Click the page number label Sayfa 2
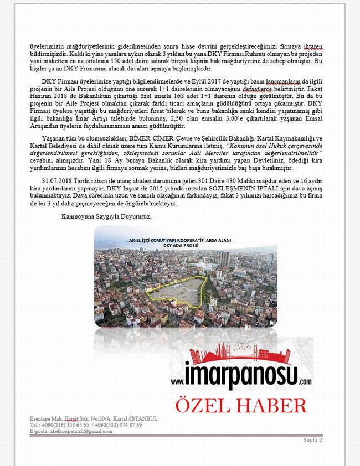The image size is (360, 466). click(x=312, y=440)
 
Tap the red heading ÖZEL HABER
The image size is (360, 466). click(x=241, y=405)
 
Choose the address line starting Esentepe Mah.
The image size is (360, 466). click(x=94, y=418)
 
